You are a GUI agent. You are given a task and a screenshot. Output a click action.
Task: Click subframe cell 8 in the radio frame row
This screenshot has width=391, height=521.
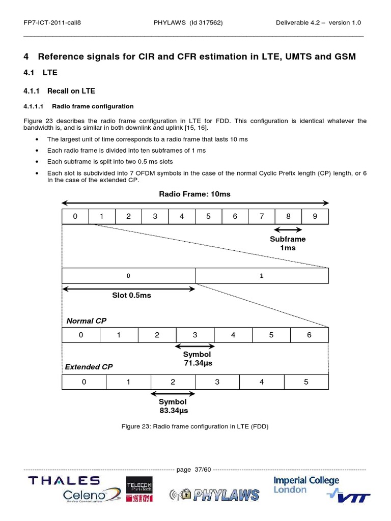[288, 216]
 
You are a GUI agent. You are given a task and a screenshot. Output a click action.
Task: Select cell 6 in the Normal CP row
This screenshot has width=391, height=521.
[310, 335]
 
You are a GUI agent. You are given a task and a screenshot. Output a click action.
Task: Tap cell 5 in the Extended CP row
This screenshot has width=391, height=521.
[306, 382]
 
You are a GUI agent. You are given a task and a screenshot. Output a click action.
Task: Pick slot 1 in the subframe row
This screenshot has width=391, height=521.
[262, 276]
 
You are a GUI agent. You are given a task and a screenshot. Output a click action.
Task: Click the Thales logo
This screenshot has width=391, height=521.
[64, 480]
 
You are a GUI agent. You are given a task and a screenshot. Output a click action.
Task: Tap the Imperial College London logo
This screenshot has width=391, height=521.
[306, 485]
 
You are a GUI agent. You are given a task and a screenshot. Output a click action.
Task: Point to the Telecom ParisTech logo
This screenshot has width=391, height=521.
[139, 489]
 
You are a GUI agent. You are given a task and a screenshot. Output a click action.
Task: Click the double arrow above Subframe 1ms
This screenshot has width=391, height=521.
[288, 229]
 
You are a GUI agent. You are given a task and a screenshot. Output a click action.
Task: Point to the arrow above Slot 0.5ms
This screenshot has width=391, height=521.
[129, 289]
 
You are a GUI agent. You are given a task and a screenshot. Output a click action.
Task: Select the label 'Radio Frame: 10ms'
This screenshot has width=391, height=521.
[194, 194]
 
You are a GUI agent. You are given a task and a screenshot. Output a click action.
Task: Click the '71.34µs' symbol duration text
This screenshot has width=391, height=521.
[198, 363]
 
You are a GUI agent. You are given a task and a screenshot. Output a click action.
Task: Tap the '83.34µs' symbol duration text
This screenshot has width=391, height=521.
[173, 411]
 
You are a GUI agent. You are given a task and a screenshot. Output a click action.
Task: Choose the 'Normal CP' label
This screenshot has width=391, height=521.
[87, 321]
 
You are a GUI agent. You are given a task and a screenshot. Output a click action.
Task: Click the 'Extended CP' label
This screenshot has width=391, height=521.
[89, 367]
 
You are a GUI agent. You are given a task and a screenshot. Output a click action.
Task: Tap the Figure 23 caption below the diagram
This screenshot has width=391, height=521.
[195, 426]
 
